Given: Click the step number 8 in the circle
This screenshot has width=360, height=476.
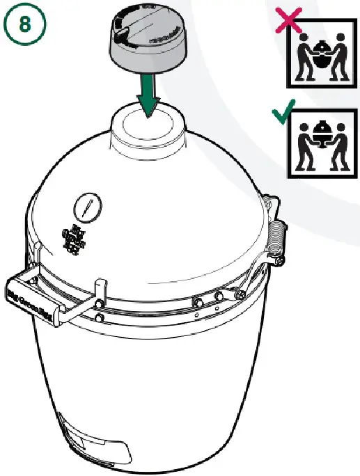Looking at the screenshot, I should (x=24, y=25).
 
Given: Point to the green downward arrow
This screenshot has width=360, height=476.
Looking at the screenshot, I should (x=148, y=94).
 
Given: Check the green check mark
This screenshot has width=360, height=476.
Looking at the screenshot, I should (x=281, y=115).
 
